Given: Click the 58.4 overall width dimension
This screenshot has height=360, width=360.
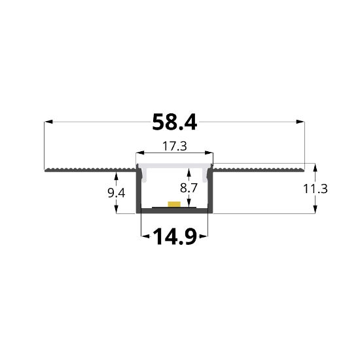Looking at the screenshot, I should click(174, 122).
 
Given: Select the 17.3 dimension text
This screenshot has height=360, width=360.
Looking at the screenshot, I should click(174, 147).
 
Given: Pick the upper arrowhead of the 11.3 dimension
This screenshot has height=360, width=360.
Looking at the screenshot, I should click(316, 166).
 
